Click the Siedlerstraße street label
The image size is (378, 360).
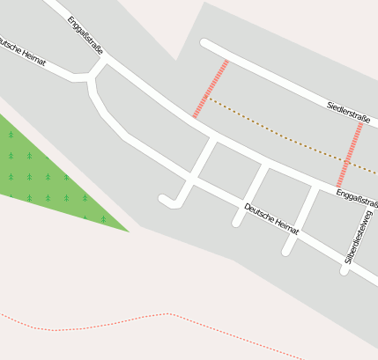point(347,113)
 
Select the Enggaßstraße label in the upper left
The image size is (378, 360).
point(85,34)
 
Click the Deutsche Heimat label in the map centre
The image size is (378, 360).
point(271,219)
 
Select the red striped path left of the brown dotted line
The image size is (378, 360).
point(211,89)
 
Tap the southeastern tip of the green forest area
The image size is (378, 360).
point(127,231)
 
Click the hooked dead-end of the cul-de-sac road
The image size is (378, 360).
point(165,201)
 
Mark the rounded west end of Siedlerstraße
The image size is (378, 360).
point(205,42)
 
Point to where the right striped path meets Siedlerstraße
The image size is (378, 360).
point(361,122)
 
